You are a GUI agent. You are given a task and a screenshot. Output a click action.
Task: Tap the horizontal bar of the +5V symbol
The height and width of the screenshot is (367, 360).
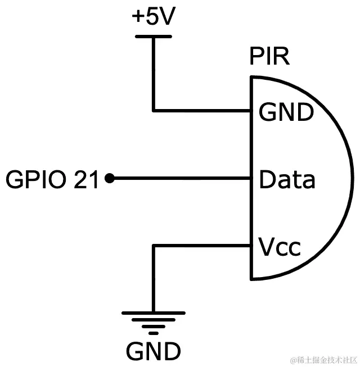(x=153, y=37)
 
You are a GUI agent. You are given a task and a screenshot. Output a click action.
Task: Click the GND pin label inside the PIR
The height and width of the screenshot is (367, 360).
(x=285, y=113)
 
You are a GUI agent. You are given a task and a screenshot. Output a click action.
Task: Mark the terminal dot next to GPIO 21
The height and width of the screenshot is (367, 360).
(x=110, y=179)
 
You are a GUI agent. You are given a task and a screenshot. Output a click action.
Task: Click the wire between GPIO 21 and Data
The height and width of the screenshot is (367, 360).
(x=180, y=179)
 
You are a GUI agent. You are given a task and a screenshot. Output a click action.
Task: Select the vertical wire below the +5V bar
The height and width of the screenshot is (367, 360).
(x=153, y=73)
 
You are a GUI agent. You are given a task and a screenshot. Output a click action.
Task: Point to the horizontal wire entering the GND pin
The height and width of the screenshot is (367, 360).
(x=202, y=110)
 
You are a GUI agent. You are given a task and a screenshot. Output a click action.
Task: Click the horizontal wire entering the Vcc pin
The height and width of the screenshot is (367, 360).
(x=202, y=246)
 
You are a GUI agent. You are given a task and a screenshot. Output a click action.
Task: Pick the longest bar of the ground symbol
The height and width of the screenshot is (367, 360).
(x=153, y=312)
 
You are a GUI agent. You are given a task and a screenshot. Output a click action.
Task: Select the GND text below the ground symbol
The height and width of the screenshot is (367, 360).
(x=153, y=352)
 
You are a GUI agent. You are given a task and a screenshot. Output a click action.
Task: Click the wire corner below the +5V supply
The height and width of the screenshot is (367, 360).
(x=153, y=110)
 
